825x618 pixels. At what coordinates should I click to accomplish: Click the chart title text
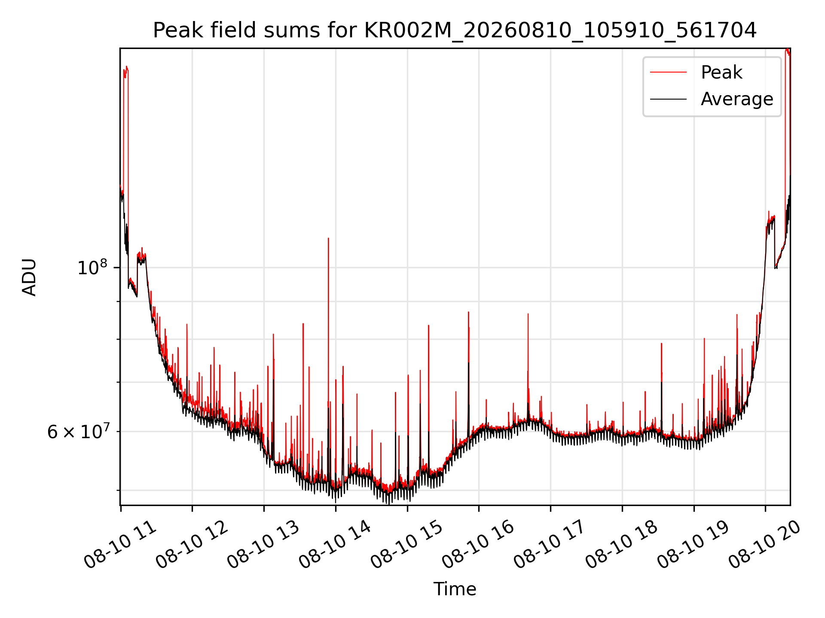tap(455, 30)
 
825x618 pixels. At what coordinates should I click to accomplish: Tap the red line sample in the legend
tap(668, 72)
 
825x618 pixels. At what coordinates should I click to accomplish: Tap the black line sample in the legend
tap(668, 99)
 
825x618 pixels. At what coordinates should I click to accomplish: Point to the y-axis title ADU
tap(29, 277)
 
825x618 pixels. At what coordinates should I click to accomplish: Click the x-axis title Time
tap(455, 589)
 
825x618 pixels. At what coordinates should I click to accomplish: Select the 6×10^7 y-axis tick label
tap(78, 431)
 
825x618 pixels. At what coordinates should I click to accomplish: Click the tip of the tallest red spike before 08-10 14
tap(328, 238)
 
